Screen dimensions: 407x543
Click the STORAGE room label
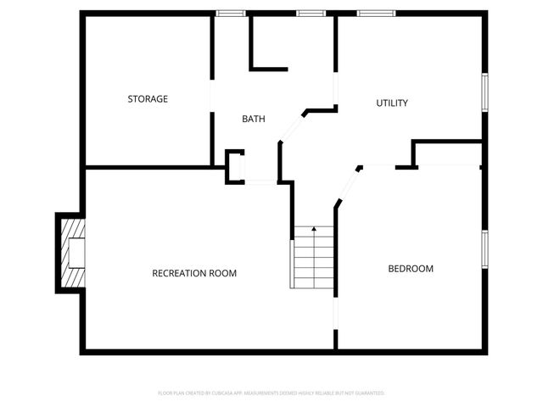tap(148, 99)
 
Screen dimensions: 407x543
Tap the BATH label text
tap(253, 120)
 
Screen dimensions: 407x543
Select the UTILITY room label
tap(392, 103)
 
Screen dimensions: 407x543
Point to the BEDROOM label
tap(411, 269)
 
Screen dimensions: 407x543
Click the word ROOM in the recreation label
tap(223, 273)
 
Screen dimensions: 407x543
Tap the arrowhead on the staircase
tap(314, 228)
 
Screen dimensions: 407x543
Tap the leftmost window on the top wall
tap(230, 14)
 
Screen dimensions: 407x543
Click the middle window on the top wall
tap(311, 14)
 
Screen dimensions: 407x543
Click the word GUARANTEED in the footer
tap(368, 393)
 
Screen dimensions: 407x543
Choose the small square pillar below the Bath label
tap(234, 166)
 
